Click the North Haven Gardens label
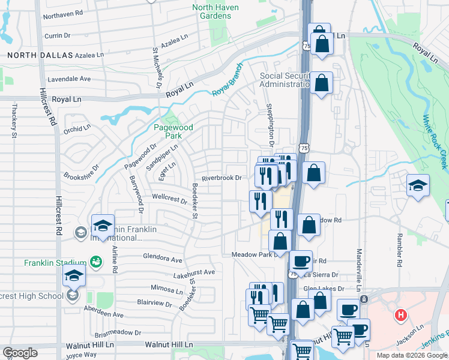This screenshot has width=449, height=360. (x=215, y=11)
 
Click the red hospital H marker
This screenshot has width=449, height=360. (x=400, y=314)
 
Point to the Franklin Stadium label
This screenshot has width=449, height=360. (x=55, y=263)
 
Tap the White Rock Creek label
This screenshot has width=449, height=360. (x=435, y=142)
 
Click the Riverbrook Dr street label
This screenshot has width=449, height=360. (x=221, y=178)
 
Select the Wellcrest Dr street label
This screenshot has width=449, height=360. (x=170, y=199)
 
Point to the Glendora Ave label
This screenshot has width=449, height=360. (x=162, y=259)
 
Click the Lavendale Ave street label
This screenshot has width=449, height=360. (x=69, y=79)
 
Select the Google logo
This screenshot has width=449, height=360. (x=20, y=353)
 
